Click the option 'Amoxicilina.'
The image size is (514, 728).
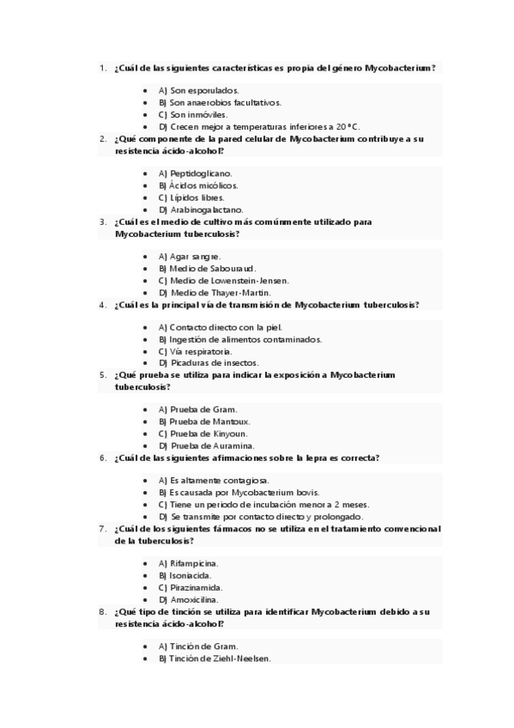click(x=194, y=599)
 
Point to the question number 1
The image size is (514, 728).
click(x=102, y=68)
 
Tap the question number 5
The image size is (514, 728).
click(x=102, y=375)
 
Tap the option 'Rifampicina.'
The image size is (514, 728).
click(x=195, y=564)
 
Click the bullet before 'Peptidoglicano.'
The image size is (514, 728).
click(x=146, y=173)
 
